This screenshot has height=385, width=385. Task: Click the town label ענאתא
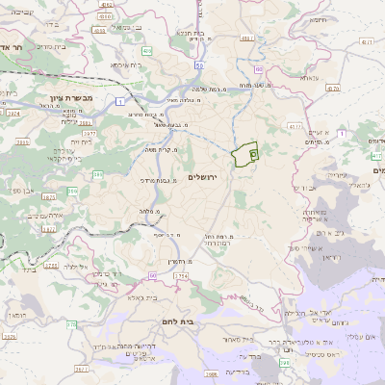tap(309, 77)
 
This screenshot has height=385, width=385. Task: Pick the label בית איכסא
tap(126, 64)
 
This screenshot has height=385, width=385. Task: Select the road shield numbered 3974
tap(13, 113)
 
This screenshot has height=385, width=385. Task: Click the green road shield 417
tap(375, 155)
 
